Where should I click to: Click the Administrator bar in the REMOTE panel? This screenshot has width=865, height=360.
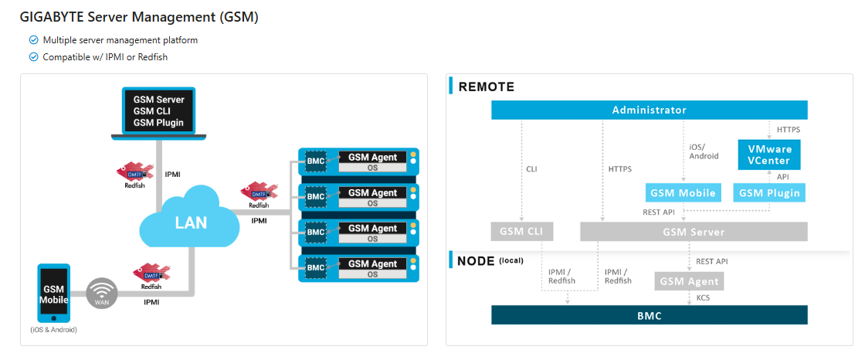pos(649,110)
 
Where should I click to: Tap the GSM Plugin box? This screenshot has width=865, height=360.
pos(768,192)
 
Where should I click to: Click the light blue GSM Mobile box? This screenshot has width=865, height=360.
pos(683,192)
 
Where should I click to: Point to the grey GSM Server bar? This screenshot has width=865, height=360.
pos(693,232)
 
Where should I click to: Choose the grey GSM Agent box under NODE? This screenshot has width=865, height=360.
pos(689,281)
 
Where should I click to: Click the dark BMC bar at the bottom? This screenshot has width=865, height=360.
pos(649,315)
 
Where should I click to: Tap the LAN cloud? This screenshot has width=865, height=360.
pos(190,222)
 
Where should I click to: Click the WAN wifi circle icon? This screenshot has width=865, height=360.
pos(101,294)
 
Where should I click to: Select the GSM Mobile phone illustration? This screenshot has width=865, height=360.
pos(54,294)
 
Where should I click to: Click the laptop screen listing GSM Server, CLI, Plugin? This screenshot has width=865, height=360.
pos(158,111)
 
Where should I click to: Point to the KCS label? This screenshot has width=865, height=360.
pos(703,297)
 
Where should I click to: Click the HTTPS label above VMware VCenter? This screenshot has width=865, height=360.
pos(788,130)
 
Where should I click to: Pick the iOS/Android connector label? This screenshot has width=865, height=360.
pos(704,151)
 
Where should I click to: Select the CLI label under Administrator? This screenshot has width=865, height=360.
pos(531,168)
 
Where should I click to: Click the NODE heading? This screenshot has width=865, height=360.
pos(477,260)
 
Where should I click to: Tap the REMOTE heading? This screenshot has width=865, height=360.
pos(486,87)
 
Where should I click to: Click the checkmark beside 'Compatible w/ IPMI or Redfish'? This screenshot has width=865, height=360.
pos(33,57)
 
